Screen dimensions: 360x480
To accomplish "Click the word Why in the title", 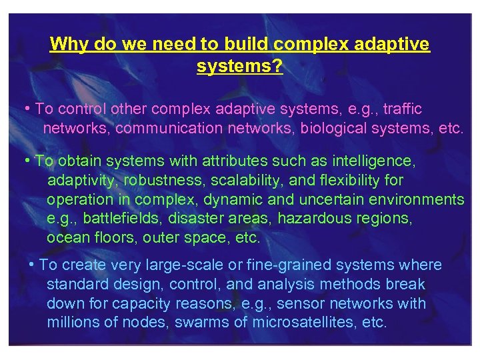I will tap(67, 45).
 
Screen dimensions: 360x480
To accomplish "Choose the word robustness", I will tap(172, 180).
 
